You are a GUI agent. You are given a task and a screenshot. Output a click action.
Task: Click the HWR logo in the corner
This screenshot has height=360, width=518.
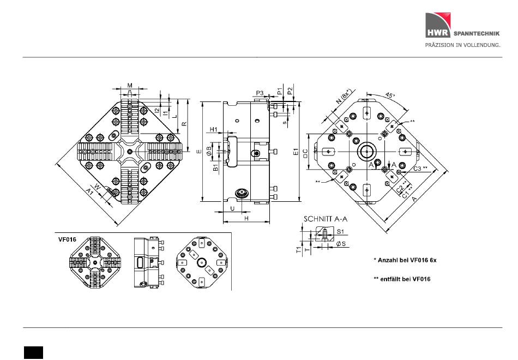pos(438,25)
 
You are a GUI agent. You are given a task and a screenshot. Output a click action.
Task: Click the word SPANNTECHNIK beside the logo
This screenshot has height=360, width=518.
pos(477,33)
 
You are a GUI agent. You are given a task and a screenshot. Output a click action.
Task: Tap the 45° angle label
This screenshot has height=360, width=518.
pos(390,95)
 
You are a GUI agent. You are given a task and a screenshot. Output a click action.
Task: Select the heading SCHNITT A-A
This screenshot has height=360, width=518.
pos(326,219)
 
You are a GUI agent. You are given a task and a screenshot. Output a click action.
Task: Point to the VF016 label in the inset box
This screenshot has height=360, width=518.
pos(68,239)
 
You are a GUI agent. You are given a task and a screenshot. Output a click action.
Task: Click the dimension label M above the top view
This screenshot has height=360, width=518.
pos(130,85)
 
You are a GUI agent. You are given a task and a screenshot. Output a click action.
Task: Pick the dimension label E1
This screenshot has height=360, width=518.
pos(296,152)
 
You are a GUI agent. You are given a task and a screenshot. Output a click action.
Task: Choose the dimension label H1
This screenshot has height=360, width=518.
pos(214,129)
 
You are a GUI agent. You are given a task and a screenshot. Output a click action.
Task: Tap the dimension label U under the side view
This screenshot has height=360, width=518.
pos(232,208)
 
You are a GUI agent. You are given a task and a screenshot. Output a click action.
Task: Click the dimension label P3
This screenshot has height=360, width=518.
pos(260,93)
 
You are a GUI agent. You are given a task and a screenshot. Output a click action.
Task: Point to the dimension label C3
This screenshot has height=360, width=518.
pos(418,169)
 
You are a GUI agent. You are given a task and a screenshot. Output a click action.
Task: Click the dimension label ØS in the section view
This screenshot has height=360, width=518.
pos(341,244)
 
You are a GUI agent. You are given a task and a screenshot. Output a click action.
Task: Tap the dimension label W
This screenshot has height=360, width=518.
pos(97,187)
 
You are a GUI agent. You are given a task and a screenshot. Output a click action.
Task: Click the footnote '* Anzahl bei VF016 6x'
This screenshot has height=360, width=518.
pos(405,260)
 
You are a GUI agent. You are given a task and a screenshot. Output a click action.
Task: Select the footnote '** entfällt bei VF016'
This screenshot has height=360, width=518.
pos(402,279)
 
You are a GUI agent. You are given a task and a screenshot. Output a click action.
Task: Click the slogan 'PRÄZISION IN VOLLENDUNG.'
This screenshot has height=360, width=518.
pos(462,45)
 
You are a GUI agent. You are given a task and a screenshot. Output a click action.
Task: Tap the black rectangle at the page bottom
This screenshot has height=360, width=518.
pos(33,352)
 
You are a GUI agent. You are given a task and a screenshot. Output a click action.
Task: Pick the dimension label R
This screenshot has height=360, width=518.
pos(184,124)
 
